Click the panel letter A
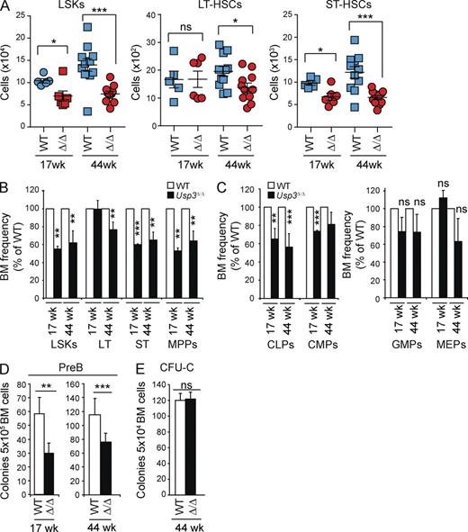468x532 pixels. [x=7, y=7]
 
